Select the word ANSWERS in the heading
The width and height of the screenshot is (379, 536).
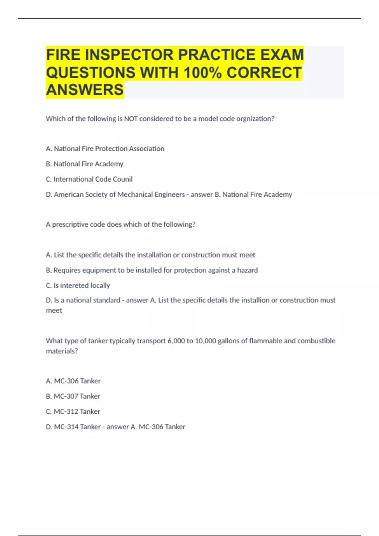(x=85, y=90)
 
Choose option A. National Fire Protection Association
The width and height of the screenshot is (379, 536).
(x=105, y=149)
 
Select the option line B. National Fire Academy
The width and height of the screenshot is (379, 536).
(x=85, y=164)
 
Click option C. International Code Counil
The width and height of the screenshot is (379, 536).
(x=89, y=179)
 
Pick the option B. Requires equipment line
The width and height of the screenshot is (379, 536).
(x=152, y=270)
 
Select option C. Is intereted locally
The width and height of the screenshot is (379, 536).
(x=78, y=285)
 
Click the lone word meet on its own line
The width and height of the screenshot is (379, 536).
(x=54, y=311)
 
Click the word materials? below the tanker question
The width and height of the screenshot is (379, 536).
(x=62, y=351)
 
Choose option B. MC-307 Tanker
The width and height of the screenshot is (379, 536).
(x=73, y=396)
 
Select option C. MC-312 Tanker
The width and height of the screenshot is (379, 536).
(x=73, y=411)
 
